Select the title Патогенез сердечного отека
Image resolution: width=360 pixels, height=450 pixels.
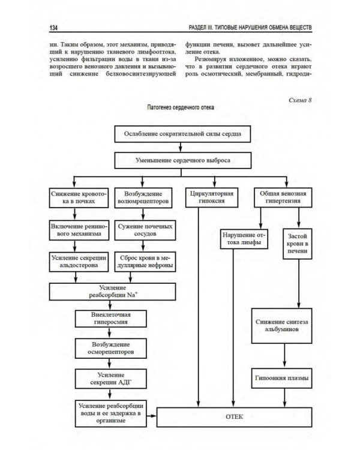[179, 108]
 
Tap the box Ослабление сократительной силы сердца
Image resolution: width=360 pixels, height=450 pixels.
[183, 134]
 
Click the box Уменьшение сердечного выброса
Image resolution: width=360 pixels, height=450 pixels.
[183, 161]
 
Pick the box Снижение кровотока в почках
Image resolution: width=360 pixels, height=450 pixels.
[78, 199]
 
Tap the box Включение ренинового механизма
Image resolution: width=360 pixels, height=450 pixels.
[78, 230]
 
